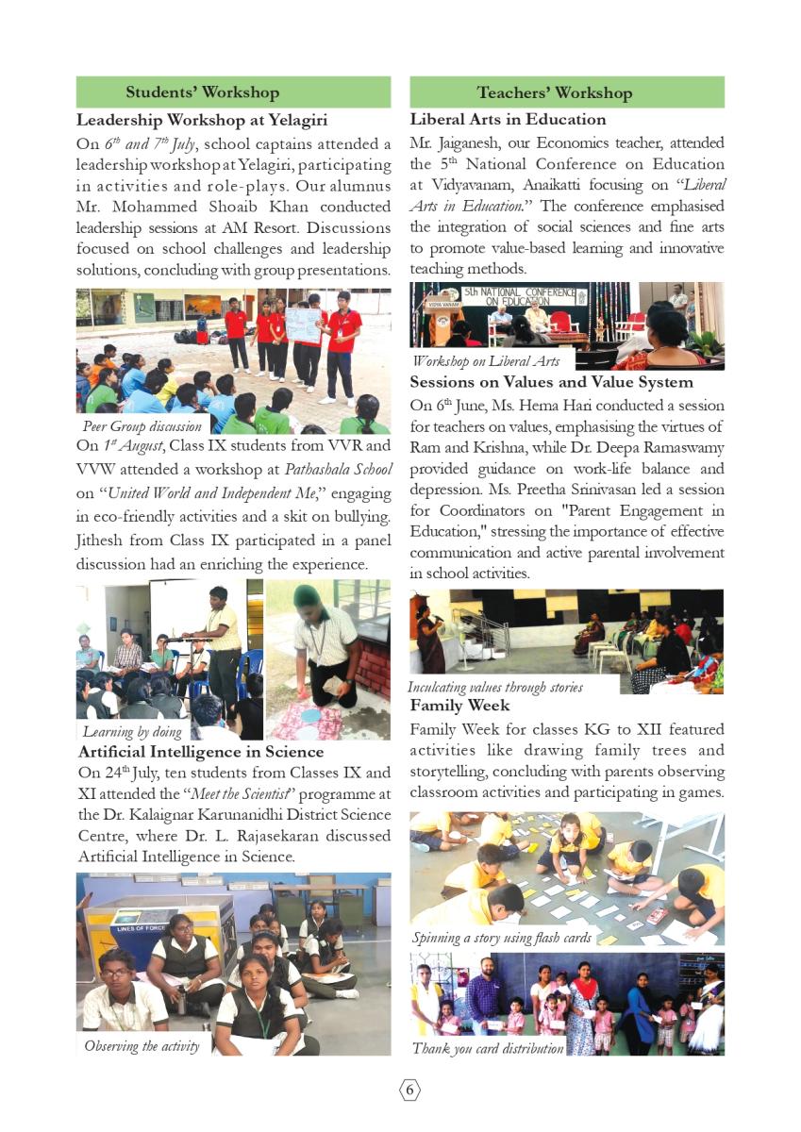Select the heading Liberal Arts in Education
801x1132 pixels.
pyautogui.click(x=508, y=120)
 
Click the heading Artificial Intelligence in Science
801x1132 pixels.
pyautogui.click(x=200, y=752)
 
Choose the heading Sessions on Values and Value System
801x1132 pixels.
pyautogui.click(x=551, y=382)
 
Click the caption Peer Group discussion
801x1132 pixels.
pyautogui.click(x=142, y=426)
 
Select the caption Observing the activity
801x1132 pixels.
pyautogui.click(x=142, y=1045)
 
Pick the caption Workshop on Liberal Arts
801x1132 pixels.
pyautogui.click(x=485, y=361)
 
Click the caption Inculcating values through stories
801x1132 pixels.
pyautogui.click(x=494, y=687)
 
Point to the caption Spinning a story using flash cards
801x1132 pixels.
pyautogui.click(x=501, y=938)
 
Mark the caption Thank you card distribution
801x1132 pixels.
pyautogui.click(x=487, y=1048)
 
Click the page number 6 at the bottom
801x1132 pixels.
pyautogui.click(x=409, y=1090)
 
